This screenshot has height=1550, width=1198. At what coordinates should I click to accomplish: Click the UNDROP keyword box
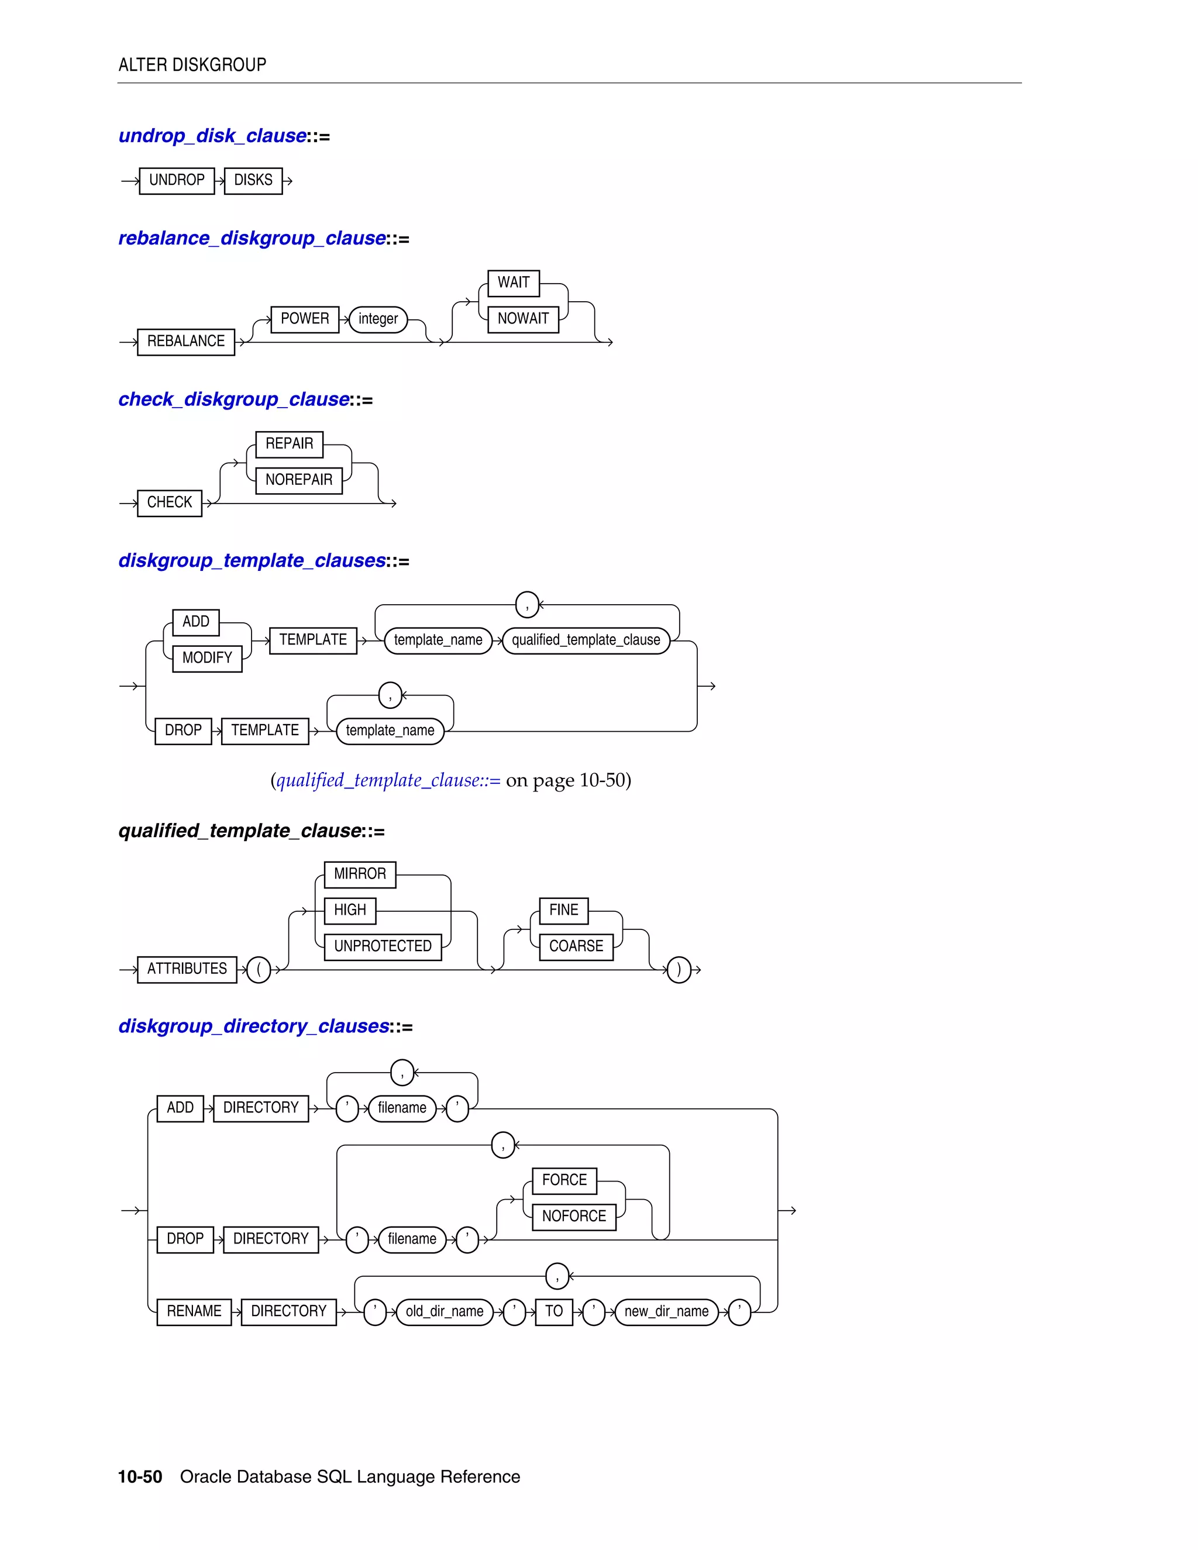click(x=177, y=180)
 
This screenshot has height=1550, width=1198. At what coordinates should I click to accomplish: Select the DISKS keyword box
click(x=253, y=180)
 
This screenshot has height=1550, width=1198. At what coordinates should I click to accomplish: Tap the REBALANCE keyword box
click(x=186, y=342)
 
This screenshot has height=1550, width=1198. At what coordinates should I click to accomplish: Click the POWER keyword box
click(x=305, y=319)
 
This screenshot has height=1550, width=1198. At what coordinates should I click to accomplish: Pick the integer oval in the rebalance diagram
click(x=378, y=319)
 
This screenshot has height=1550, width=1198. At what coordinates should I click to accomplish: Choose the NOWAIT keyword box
click(x=523, y=319)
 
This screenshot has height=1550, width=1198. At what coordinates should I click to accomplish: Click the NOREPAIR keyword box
click(x=299, y=480)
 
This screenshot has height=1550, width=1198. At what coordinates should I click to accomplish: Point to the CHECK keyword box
click(x=170, y=502)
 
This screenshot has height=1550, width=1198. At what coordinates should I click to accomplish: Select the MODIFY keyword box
click(x=207, y=658)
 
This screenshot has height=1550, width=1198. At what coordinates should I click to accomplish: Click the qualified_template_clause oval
click(x=586, y=640)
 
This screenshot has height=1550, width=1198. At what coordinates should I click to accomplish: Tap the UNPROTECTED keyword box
click(x=383, y=947)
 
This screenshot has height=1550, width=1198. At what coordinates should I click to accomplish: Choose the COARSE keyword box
click(x=576, y=947)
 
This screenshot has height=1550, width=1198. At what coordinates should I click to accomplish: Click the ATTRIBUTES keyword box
click(x=187, y=969)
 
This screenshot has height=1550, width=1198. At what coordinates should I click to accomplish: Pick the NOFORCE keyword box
click(x=574, y=1217)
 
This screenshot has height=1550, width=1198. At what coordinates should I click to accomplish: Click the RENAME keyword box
click(x=194, y=1311)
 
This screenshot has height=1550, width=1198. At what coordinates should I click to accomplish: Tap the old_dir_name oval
click(x=445, y=1311)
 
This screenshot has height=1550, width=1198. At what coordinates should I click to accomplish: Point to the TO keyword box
click(x=555, y=1311)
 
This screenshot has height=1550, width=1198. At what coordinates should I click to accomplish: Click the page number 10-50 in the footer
click(x=140, y=1477)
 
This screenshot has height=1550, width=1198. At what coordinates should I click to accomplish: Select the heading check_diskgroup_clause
click(x=234, y=399)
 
